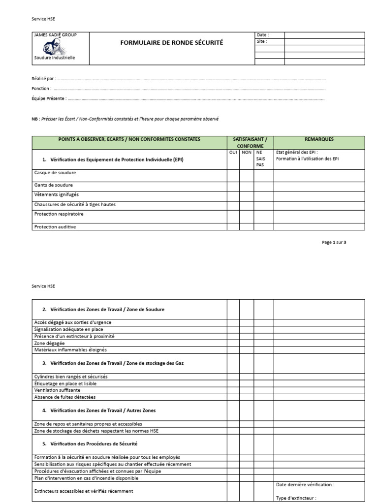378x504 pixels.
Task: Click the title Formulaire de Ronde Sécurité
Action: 171,43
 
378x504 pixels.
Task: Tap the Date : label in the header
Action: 263,35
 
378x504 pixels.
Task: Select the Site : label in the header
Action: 262,42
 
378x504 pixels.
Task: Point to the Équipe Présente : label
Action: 49,99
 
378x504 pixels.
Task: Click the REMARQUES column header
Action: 319,139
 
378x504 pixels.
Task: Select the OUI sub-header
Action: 233,153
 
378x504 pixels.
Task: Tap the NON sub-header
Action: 246,153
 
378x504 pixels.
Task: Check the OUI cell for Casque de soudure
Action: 233,176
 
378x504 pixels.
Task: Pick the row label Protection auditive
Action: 55,227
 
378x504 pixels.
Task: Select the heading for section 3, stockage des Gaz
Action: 113,363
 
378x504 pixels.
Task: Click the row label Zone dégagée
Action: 49,343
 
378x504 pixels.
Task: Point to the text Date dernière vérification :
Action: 305,485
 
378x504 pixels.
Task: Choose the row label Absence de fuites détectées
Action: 65,397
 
